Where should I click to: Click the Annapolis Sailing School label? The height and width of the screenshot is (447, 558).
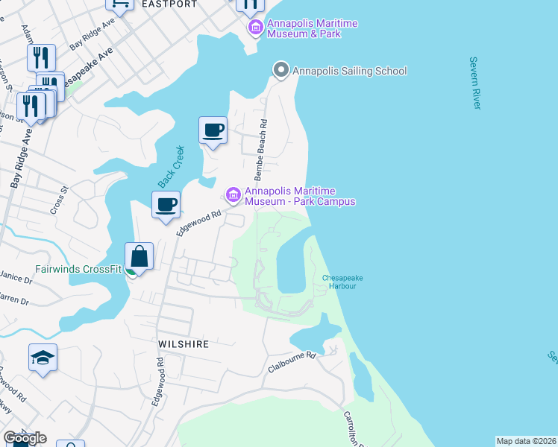350,72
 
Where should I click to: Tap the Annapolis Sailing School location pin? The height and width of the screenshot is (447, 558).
281,71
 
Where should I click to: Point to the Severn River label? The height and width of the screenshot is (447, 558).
474,82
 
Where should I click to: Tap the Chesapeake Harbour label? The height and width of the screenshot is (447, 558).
342,282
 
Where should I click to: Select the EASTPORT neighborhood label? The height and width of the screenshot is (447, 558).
172,4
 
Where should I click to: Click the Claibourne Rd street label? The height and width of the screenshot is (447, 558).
292,362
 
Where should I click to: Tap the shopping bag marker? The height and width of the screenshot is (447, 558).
139,258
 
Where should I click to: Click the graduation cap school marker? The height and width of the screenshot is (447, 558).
43,358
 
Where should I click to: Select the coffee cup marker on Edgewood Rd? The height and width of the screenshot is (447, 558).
166,204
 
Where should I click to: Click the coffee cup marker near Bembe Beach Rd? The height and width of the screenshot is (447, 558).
213,130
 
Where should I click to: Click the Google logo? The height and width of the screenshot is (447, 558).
24,437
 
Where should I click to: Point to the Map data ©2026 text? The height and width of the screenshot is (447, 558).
526,441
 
